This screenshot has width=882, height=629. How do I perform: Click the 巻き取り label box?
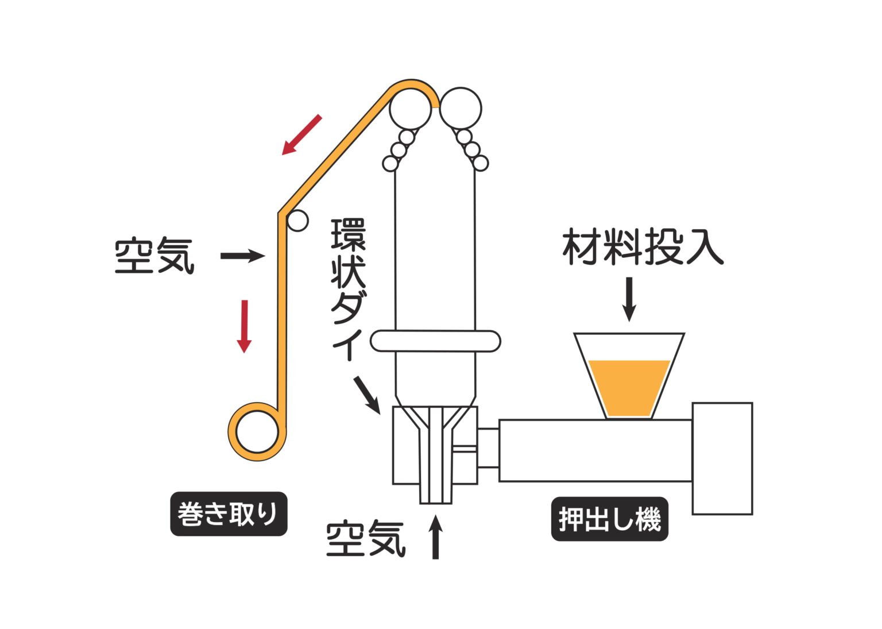pos(229,514)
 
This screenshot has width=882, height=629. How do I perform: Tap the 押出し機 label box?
pos(609,519)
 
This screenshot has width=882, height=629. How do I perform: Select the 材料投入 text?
pos(643,248)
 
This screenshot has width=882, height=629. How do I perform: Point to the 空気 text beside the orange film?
pos(154,256)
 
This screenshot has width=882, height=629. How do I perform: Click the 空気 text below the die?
pos(366,538)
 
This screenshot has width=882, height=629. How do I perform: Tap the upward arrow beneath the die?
pos(436,537)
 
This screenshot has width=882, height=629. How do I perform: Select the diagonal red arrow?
pos(301,134)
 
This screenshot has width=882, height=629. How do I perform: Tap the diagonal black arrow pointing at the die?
pos(366,394)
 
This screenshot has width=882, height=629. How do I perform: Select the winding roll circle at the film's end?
pos(257,431)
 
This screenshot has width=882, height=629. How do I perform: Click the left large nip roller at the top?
pos(410,108)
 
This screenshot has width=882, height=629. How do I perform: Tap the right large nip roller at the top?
pos(461,108)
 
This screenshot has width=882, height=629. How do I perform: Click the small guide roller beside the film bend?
pos(297,221)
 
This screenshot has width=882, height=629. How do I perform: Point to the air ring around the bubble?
pos(435,341)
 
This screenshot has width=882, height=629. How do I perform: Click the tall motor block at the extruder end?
pos(722,458)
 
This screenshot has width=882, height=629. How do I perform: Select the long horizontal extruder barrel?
pos(595,450)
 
